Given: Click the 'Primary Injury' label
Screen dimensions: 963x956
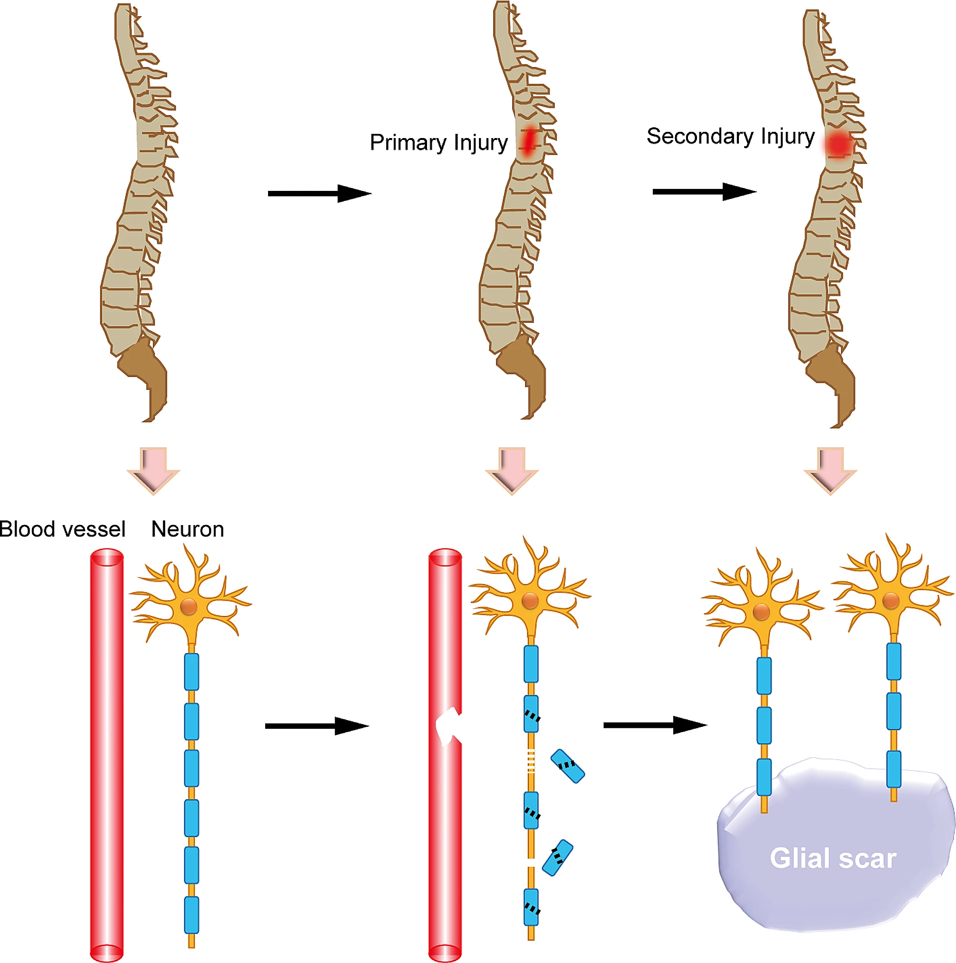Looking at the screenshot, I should (x=438, y=142).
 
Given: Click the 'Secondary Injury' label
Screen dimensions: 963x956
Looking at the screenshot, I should (x=730, y=136).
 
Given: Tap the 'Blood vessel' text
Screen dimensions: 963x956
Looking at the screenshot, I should (x=62, y=529).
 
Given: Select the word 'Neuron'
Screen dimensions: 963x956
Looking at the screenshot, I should (x=188, y=529).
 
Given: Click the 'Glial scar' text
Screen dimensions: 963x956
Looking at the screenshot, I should (x=833, y=858).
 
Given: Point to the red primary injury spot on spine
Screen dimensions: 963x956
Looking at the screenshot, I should (x=528, y=140).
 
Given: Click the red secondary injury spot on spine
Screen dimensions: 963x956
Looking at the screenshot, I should (x=838, y=145).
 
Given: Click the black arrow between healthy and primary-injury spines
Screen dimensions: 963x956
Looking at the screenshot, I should (x=319, y=193).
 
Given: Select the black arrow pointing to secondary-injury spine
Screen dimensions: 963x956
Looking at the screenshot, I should (x=704, y=191).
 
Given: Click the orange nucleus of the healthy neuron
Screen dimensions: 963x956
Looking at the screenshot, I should (x=189, y=606).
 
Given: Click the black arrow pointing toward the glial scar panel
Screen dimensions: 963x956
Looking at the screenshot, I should (x=655, y=725).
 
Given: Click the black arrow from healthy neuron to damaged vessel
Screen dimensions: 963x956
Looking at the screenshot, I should (x=317, y=726).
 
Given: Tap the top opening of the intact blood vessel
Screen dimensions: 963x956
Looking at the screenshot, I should (x=107, y=557).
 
